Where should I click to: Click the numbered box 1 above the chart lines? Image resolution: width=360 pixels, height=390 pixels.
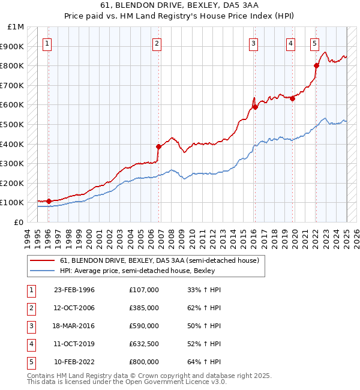[47, 43]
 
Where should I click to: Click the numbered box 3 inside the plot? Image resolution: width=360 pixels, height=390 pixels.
[254, 43]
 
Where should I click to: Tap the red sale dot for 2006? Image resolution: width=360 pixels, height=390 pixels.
[159, 146]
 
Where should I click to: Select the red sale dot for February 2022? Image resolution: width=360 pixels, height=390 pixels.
[316, 65]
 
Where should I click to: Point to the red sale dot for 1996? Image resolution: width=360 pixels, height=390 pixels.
[49, 201]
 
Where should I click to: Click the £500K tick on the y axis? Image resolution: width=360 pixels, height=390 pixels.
[15, 124]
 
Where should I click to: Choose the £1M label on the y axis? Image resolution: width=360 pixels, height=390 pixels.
[16, 27]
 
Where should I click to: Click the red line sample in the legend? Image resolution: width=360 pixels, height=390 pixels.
[42, 260]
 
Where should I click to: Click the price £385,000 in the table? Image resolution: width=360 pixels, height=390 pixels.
[144, 308]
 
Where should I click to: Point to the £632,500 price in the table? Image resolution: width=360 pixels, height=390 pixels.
[144, 344]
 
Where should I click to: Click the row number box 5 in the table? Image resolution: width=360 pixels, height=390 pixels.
[31, 362]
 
